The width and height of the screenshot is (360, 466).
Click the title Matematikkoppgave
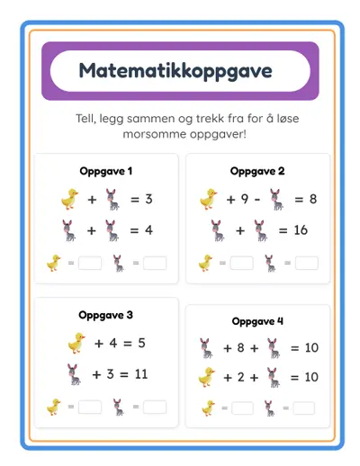[180, 70]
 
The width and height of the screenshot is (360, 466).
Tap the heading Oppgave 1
[106, 171]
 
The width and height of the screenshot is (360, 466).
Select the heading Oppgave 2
[257, 171]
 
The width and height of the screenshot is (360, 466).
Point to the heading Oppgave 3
[106, 315]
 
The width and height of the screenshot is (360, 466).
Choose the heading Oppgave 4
[257, 321]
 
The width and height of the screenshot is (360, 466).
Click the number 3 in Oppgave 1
[148, 199]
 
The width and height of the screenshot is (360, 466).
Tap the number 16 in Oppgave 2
[301, 230]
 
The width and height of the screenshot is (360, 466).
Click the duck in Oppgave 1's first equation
[69, 199]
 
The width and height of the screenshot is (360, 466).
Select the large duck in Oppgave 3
[76, 343]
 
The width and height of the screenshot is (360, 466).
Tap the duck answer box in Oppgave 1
[90, 264]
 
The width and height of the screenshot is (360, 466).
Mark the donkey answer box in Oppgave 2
[307, 264]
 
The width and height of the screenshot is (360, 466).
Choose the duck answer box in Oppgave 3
[90, 407]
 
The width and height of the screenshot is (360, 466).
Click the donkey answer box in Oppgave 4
[307, 408]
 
